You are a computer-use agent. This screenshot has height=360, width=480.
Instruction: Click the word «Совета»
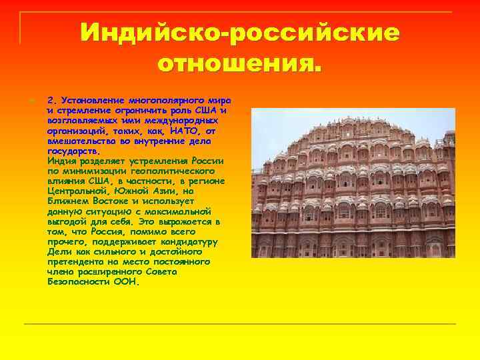click(193, 272)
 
